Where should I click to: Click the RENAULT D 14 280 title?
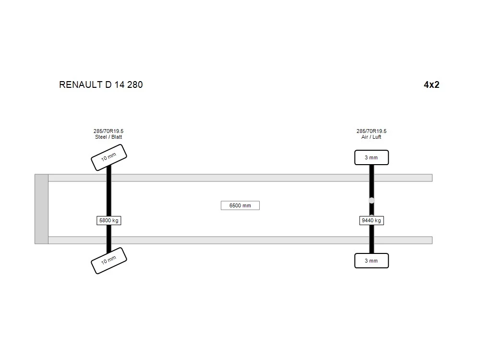coord(101,84)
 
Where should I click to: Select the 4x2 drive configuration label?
coord(432,84)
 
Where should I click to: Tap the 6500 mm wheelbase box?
coord(240,205)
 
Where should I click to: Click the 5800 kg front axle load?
coord(108,220)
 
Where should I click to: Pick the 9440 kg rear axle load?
coord(372,220)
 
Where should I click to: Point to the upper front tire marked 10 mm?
coord(108,157)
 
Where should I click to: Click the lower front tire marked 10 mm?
coord(108,261)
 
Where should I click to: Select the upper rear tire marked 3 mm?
coord(372,157)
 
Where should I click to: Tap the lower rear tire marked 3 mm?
coord(372,261)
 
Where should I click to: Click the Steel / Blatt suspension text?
coord(108,137)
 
